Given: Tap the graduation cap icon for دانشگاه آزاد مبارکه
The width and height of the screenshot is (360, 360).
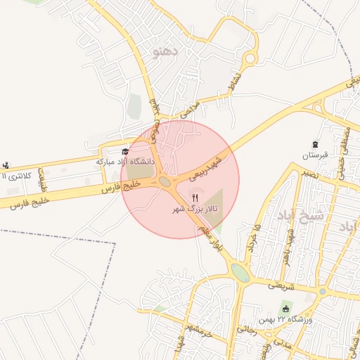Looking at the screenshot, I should coord(126,150).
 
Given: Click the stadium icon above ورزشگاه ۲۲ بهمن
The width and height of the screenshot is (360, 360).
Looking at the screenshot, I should coord(286,309).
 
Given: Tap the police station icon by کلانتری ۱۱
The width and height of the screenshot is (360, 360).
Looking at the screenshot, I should coord(6,165).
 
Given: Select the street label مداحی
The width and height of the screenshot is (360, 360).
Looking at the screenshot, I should coord(190,108).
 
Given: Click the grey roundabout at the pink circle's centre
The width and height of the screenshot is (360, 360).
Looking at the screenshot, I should coord(166,181).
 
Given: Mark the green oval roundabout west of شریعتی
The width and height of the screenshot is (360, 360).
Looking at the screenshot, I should coord(240,273).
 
